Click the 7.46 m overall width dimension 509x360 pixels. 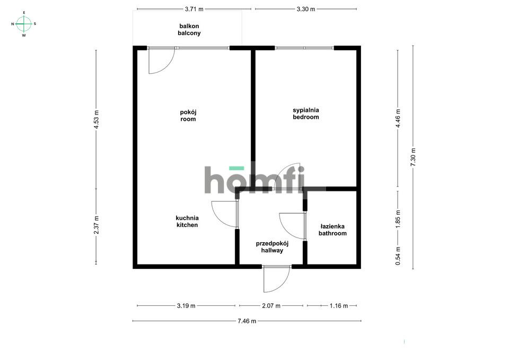coord(247,321)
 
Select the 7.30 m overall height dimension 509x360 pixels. coord(413,157)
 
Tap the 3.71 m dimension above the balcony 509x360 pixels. coord(194,9)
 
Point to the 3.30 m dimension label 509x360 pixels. coord(306,9)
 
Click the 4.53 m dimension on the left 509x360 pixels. coord(96,119)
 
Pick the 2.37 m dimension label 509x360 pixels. coord(96,225)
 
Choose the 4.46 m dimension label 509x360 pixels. coord(398,118)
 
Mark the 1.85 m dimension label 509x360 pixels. coord(398,219)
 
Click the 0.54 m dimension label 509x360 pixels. coord(398,256)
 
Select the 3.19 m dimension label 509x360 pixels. coord(186,306)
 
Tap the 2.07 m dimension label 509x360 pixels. coord(271,306)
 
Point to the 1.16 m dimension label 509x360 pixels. coord(339,306)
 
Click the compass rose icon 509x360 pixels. coord(24,24)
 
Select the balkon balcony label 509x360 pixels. coord(189,30)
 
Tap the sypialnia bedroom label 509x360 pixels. coord(306,113)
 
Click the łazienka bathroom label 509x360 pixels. coord(332,230)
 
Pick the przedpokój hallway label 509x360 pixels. coord(272,247)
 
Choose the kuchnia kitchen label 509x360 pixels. coord(187,222)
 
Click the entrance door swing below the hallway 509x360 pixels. coord(277,279)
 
